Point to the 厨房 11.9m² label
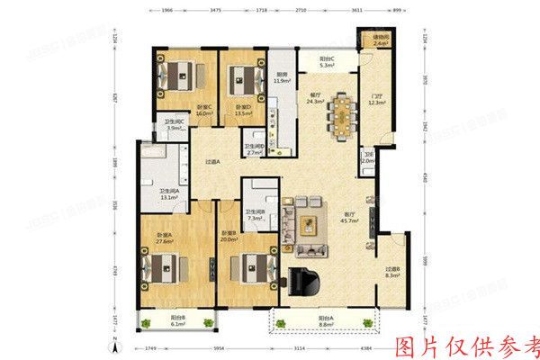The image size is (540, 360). pos(282,78)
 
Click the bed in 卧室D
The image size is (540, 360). pos(243,76)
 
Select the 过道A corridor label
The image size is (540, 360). pos(212,162)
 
